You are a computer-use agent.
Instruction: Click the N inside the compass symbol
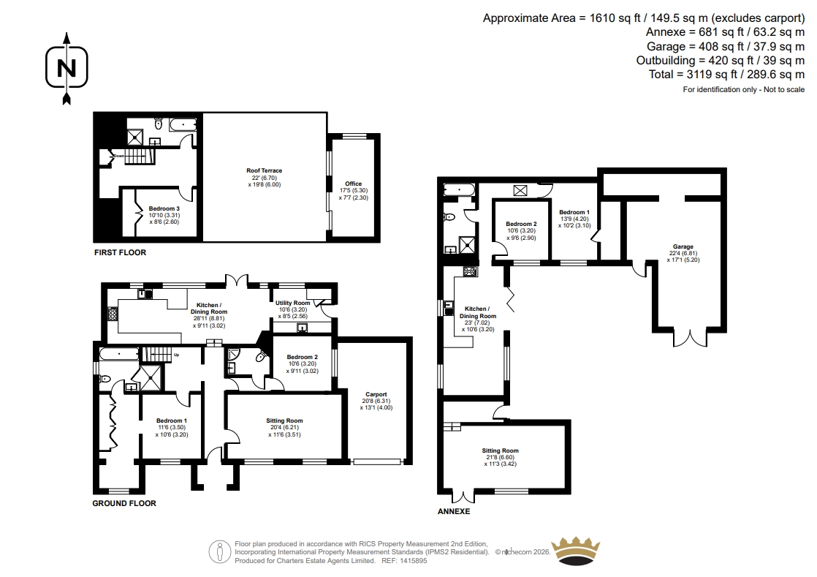[x=66, y=68]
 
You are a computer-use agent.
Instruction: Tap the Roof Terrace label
[x=264, y=170]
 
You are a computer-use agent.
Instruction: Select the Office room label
[x=353, y=184]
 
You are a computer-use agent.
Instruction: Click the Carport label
[x=376, y=395]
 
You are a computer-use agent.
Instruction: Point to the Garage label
[x=683, y=246]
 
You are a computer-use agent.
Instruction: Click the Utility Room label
[x=293, y=303]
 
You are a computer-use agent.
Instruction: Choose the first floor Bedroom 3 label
[x=164, y=208]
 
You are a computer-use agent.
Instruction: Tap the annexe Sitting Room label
[x=500, y=450]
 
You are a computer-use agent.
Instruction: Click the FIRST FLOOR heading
[x=121, y=252]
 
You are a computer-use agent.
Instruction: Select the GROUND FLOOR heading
[x=124, y=503]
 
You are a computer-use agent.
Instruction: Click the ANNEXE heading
[x=454, y=511]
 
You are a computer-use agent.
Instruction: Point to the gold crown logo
[x=576, y=551]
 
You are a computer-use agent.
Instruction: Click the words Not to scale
[x=784, y=90]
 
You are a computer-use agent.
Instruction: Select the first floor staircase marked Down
[x=140, y=156]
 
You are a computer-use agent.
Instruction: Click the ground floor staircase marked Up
[x=157, y=354]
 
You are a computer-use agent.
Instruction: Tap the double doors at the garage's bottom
[x=691, y=337]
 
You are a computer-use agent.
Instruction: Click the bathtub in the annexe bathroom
[x=459, y=189]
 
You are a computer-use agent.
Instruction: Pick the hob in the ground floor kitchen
[x=113, y=314]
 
